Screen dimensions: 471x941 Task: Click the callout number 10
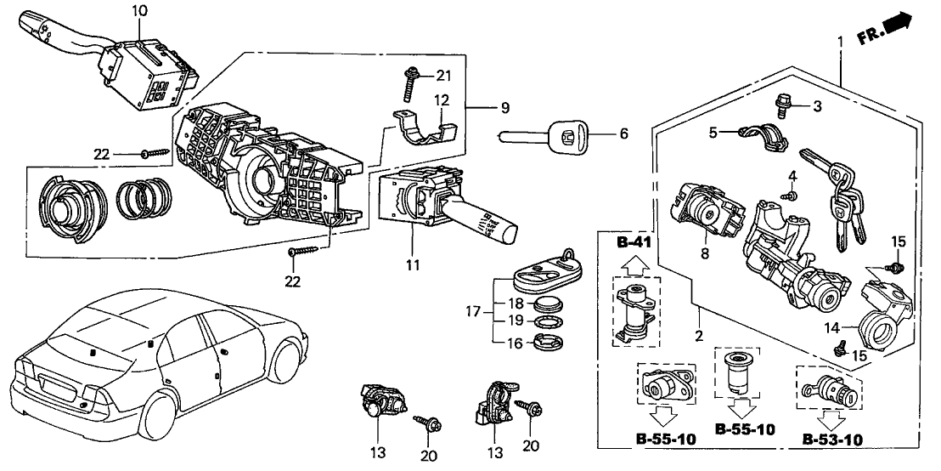click(x=139, y=10)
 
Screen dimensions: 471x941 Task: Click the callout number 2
click(x=700, y=336)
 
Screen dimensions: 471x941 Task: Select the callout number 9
click(x=504, y=107)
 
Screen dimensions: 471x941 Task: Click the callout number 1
click(x=840, y=41)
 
